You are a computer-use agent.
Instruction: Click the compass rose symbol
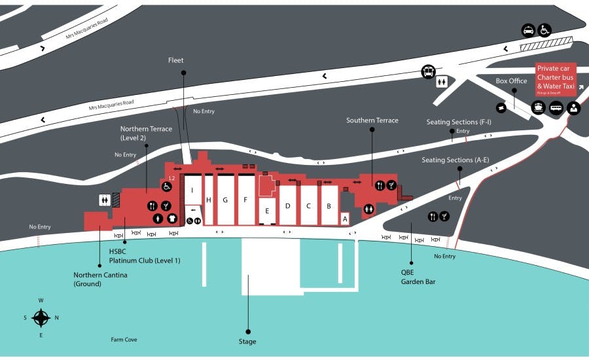point(41,318)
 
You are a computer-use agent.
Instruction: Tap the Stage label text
point(247,342)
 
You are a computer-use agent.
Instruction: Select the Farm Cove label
point(124,340)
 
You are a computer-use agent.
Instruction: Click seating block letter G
point(225,200)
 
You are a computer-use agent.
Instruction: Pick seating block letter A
point(345,219)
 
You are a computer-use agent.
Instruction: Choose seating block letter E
point(266,211)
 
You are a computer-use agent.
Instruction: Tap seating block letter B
point(329,206)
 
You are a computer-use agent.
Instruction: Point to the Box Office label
point(511,81)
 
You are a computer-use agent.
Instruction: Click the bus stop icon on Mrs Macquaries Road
point(429,71)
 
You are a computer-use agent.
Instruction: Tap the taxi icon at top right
point(528,30)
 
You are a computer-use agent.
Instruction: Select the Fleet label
point(176,60)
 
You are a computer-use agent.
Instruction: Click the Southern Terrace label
point(372,120)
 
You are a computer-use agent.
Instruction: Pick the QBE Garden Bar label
point(418,278)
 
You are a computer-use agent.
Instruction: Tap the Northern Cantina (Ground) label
point(100,279)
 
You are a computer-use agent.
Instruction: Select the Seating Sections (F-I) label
point(458,122)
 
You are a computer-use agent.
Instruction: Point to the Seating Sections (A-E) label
point(455,160)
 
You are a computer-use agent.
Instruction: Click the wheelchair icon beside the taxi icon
point(544,30)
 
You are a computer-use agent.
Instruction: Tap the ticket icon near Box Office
point(502,107)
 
